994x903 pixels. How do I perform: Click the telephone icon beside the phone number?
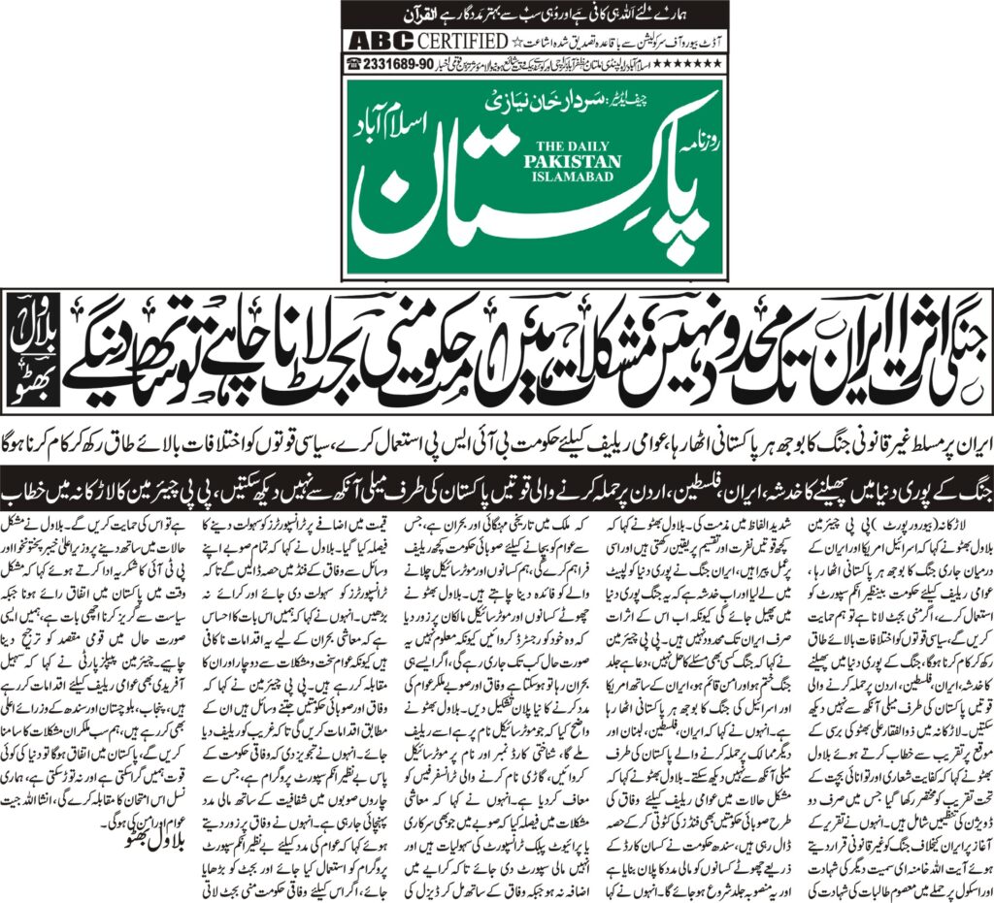tap(353, 64)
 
